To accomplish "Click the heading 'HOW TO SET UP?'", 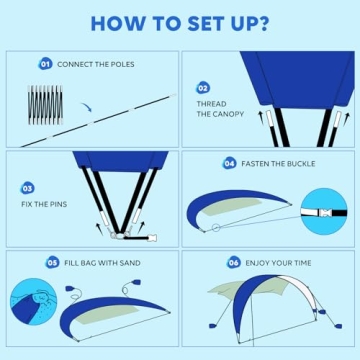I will point(180,23).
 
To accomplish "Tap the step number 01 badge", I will point(45,64).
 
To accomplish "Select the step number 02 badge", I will point(203,88).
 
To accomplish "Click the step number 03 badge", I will point(28,187).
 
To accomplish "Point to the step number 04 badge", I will point(229,163).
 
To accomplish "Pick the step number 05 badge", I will point(52,262).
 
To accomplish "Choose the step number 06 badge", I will point(234,262).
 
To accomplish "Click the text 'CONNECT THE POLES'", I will point(95,64).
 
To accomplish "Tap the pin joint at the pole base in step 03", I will point(120,236).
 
